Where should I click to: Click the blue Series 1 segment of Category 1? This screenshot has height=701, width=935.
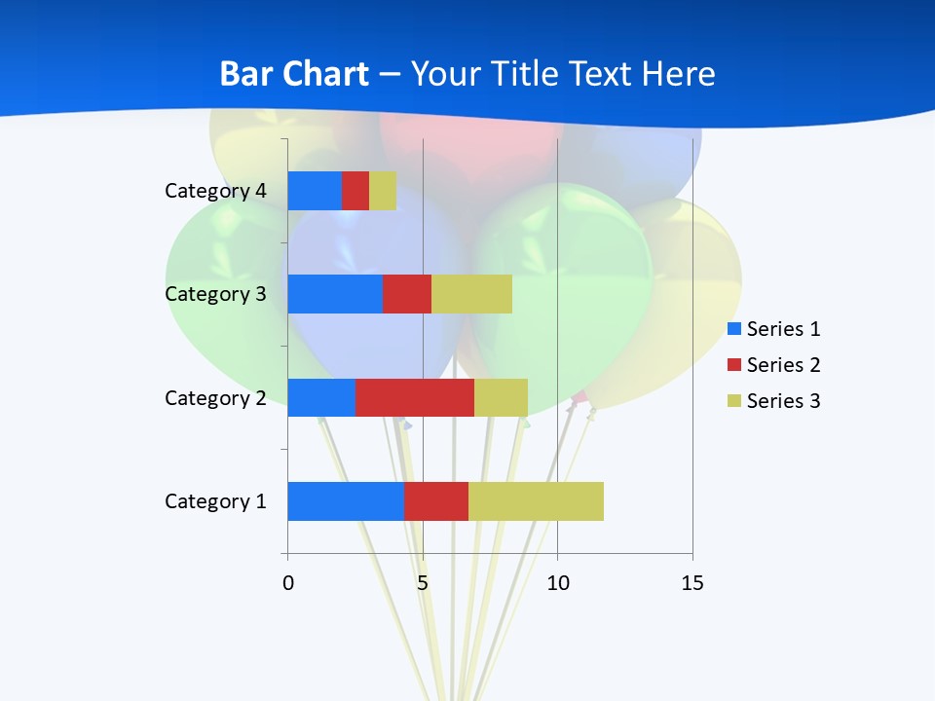pos(346,501)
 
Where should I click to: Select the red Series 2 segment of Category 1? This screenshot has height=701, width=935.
pos(436,501)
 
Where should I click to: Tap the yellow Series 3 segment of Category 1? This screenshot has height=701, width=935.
pos(536,501)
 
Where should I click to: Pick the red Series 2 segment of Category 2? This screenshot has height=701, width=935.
pos(415,397)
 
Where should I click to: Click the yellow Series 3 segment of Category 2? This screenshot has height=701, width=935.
pos(501,397)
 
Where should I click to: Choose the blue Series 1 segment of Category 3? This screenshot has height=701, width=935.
pos(335,294)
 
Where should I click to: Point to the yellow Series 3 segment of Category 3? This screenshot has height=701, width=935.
pos(471,294)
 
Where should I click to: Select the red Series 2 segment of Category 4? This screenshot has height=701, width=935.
pos(355,191)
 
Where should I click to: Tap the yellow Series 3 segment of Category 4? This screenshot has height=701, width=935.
pos(383,191)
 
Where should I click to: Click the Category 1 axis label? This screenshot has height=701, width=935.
pos(215,501)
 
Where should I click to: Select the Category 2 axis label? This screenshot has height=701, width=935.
pos(215,397)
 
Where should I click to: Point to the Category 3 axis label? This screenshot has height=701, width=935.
pos(215,294)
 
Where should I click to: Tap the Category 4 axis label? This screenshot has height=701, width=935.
pos(215,191)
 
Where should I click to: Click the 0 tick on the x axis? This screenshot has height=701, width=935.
pos(288,583)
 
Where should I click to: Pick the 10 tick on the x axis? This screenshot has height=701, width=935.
pos(557,583)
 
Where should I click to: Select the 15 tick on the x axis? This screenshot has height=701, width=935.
pos(692,583)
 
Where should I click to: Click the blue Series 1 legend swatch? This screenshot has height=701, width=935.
pos(734,329)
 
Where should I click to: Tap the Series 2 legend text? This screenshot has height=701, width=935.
pos(783,365)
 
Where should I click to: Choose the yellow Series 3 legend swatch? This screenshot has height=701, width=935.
pos(734,401)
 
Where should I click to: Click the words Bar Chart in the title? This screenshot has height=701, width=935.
pos(294,74)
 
